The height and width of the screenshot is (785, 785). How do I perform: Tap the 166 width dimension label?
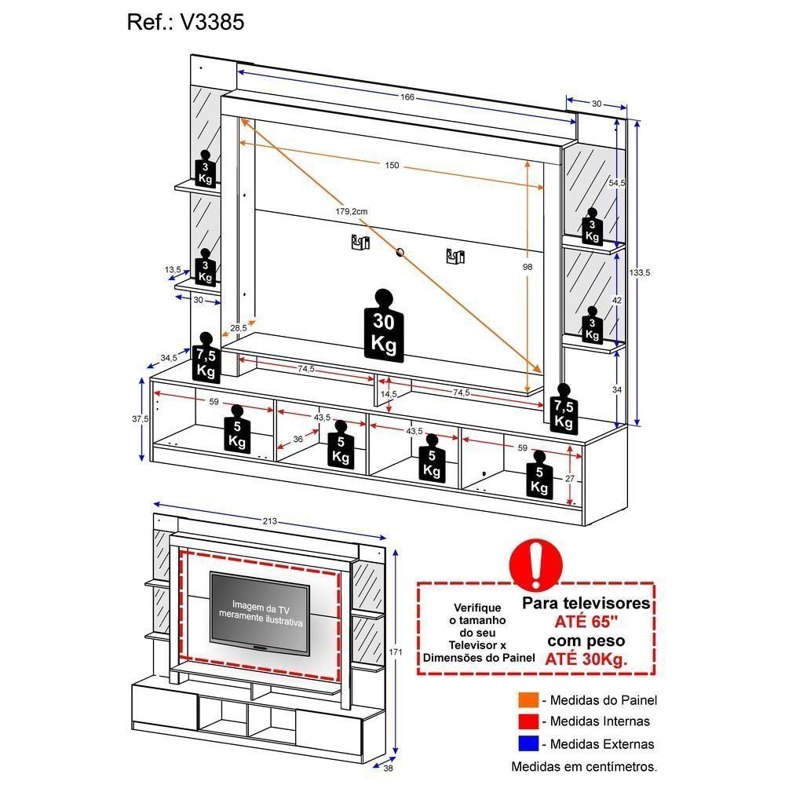point(407,97)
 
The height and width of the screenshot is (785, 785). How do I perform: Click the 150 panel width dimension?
point(392,165)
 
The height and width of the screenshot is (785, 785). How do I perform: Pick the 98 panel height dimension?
point(528,267)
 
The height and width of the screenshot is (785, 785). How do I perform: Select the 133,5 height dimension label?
point(640,272)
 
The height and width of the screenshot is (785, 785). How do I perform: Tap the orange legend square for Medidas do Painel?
point(528,700)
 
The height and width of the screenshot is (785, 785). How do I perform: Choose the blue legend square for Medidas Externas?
point(528,743)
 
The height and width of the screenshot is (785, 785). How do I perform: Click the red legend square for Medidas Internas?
point(528,721)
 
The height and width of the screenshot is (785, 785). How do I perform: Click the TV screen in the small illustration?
point(259,612)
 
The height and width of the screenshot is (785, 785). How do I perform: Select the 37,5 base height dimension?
point(141,419)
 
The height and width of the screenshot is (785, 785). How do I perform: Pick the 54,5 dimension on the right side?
point(617,183)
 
